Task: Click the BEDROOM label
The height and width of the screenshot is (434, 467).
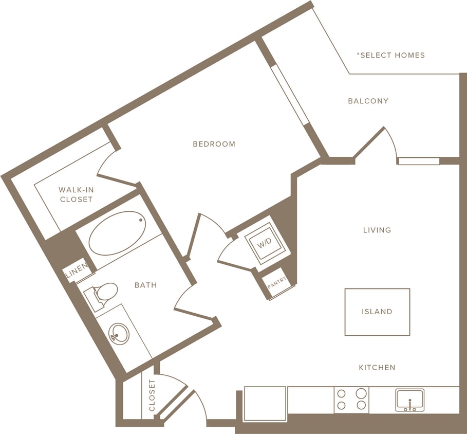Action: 214,144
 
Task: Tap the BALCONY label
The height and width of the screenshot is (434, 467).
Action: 368,101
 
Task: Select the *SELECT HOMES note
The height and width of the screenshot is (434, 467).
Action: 392,55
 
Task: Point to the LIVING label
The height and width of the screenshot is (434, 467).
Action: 377,230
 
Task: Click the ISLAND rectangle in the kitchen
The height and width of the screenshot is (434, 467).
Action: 377,312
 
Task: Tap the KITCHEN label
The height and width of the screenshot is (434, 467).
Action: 377,367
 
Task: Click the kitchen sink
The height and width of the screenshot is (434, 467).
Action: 409,400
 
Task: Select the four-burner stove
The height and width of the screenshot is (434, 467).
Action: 352,400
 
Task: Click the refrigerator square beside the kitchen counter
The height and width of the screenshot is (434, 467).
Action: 265,404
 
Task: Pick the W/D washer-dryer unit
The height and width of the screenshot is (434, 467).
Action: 264,243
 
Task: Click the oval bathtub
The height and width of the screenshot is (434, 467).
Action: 118,233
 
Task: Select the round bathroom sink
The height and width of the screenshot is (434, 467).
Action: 119,333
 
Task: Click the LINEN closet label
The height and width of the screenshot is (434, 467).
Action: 75,274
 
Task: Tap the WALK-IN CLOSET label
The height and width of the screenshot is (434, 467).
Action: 76,194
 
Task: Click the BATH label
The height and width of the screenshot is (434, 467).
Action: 145,285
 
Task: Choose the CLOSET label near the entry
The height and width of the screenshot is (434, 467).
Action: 152,396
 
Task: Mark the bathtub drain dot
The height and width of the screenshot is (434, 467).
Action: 141,220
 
